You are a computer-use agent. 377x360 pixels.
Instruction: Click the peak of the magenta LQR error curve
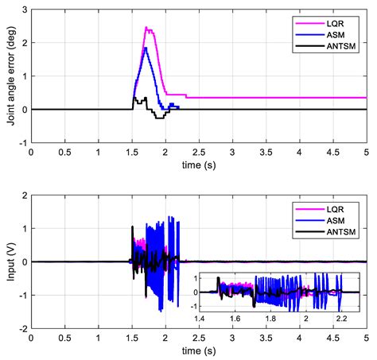(x=146, y=28)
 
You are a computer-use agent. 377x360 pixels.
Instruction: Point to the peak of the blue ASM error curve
(x=146, y=48)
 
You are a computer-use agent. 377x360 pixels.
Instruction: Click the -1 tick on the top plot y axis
(x=21, y=142)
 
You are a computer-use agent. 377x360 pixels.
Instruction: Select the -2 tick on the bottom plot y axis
(x=21, y=328)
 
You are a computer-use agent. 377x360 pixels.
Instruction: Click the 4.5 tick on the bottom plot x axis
(x=333, y=337)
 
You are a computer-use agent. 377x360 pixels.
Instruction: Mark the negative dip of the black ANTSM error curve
(x=159, y=118)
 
